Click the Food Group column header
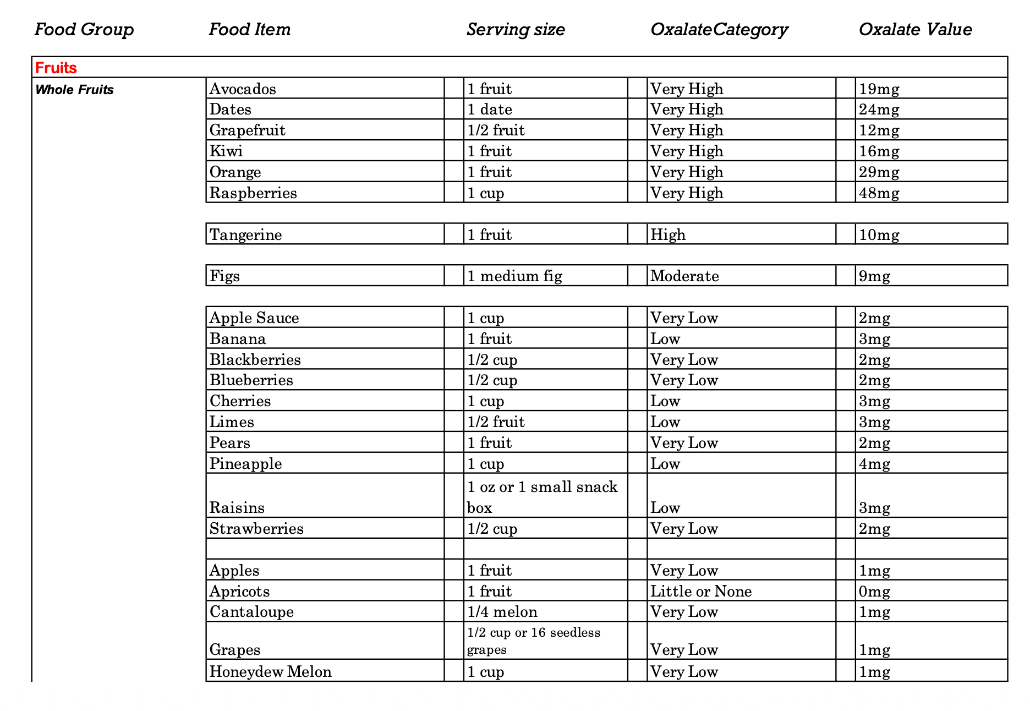(84, 29)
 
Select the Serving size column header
(516, 29)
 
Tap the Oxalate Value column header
(915, 29)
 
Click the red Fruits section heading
(56, 68)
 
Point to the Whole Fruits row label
(74, 90)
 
